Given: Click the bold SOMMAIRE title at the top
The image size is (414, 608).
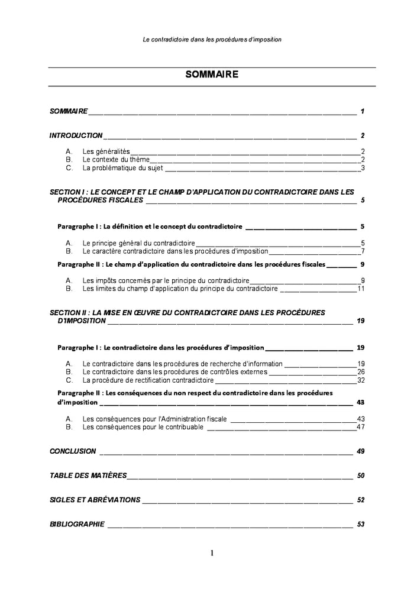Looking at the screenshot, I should click(x=212, y=75).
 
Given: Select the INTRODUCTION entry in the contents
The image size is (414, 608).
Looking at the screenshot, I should click(x=76, y=135).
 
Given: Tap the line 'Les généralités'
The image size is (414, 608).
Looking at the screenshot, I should click(x=106, y=151).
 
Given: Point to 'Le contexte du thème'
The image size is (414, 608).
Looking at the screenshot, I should click(x=116, y=160).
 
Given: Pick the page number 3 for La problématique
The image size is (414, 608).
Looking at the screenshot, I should click(x=362, y=168).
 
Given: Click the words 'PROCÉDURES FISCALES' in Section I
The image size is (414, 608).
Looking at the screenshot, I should click(x=100, y=200).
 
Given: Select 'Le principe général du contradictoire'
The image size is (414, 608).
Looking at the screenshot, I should click(x=138, y=243).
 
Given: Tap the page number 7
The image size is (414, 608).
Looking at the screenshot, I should click(x=362, y=251).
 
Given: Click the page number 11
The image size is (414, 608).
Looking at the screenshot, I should click(x=360, y=289).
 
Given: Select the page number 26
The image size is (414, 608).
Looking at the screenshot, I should click(x=360, y=372).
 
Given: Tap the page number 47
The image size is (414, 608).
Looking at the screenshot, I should click(x=360, y=427).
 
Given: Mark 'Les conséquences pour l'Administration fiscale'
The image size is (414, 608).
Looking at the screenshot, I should click(x=154, y=419).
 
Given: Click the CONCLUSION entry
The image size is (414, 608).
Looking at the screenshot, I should click(x=73, y=451).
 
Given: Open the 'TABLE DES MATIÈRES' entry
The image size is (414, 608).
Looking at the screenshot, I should click(x=88, y=476).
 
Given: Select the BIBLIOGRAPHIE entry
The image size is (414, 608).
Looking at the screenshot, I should click(x=77, y=524).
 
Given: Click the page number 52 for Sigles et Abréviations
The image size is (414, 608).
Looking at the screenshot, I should click(x=361, y=500).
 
